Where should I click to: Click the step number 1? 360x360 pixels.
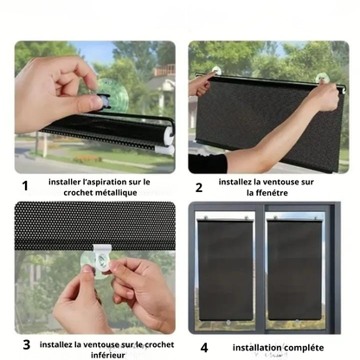click(x=25, y=186)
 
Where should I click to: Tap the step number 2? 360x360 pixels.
click(x=199, y=188)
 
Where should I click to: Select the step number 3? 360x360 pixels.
click(x=26, y=344)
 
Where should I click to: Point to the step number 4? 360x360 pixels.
click(x=204, y=348)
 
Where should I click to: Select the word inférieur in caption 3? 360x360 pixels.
click(x=108, y=355)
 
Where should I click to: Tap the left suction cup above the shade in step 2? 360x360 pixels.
click(x=216, y=70)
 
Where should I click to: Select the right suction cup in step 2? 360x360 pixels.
click(x=322, y=78)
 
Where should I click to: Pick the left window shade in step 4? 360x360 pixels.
click(x=225, y=270)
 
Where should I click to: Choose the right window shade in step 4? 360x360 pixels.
click(x=294, y=270)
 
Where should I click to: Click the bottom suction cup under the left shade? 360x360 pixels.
click(x=228, y=323)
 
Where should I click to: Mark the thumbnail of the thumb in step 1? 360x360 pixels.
click(x=96, y=101)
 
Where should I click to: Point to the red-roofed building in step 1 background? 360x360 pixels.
click(x=164, y=70)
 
